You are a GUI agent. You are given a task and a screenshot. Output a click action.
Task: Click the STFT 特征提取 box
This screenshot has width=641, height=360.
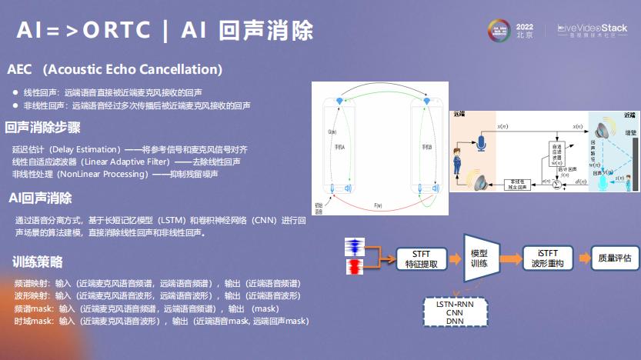tap(421, 258)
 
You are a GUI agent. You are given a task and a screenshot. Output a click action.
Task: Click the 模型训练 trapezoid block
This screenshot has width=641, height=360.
tap(479, 258)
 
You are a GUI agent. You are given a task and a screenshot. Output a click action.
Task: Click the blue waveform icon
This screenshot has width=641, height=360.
tap(355, 248)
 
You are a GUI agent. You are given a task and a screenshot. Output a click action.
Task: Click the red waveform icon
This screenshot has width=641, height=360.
tap(355, 268)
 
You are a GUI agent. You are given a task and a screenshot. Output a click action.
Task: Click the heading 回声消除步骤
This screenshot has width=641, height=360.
tap(43, 128)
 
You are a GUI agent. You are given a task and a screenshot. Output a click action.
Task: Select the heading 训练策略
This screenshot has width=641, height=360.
tap(38, 261)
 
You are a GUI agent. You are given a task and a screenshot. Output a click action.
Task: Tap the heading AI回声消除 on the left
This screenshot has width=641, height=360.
tap(41, 198)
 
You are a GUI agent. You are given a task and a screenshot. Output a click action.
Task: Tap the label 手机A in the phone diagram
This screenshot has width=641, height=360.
tap(338, 146)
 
